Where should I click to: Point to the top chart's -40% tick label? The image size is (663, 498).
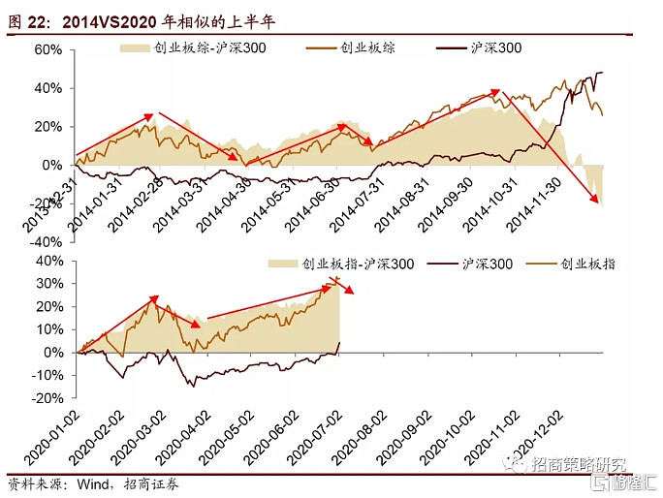46,242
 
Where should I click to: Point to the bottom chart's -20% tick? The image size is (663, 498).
46,398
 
